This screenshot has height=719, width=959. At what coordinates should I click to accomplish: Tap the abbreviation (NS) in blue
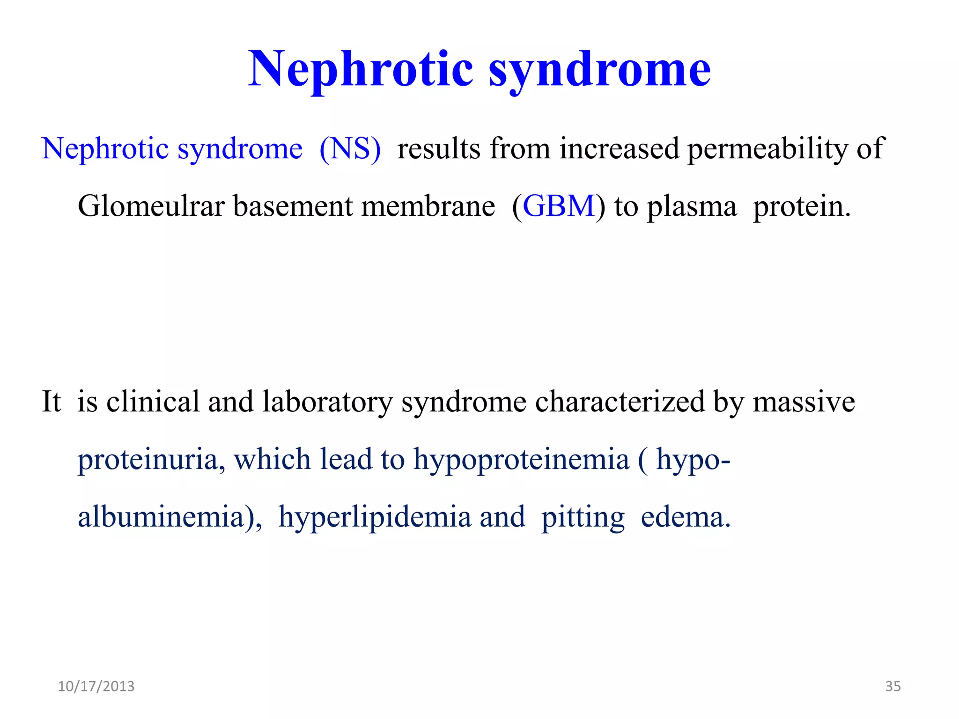(350, 149)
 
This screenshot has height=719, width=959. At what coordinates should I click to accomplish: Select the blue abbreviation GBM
(558, 206)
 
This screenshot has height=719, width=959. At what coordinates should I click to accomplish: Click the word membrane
(428, 206)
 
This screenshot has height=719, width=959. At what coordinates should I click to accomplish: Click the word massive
(804, 402)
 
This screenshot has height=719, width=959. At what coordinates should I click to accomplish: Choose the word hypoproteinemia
(521, 459)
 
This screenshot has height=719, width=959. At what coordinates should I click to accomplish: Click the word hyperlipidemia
(375, 517)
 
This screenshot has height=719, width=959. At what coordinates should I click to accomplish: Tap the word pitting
(583, 517)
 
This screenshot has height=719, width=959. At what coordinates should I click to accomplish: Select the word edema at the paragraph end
(685, 517)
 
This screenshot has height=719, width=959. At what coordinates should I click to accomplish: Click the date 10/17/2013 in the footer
(96, 686)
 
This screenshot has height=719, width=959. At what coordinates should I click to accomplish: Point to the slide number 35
(893, 686)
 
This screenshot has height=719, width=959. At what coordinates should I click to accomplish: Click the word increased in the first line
(619, 149)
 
